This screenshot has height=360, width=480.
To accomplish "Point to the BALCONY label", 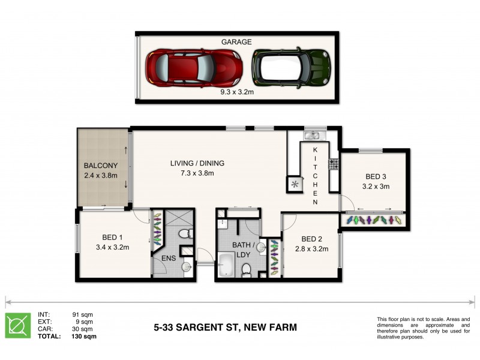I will point(100,166).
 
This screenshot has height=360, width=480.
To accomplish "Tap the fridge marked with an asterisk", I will point(295,185).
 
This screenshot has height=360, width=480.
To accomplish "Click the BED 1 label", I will point(109,236).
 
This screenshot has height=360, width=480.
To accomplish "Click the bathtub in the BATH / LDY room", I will point(226,265).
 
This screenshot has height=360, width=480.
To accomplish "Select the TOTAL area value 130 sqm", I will point(85,337).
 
